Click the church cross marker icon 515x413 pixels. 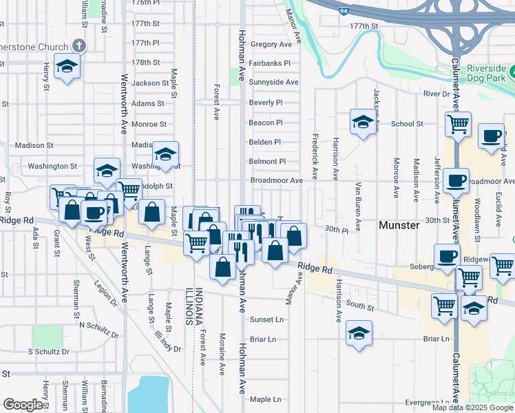pos(78,46)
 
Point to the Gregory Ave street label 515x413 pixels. pos(271,44)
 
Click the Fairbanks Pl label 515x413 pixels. pos(269,63)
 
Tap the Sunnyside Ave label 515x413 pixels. pos(273,82)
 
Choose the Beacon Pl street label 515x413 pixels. pos(266,123)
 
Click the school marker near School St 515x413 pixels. pos(361,123)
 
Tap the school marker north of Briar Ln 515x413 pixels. pos(359,334)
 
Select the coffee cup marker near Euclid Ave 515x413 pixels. pos(491,136)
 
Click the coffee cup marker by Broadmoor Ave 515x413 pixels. pos(456,181)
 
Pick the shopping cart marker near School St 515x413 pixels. pos(457,125)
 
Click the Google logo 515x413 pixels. pos(23,405)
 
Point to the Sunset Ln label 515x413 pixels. pos(266,319)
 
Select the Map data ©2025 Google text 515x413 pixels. pos(472,407)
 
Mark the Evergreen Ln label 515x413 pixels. pos(428,402)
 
